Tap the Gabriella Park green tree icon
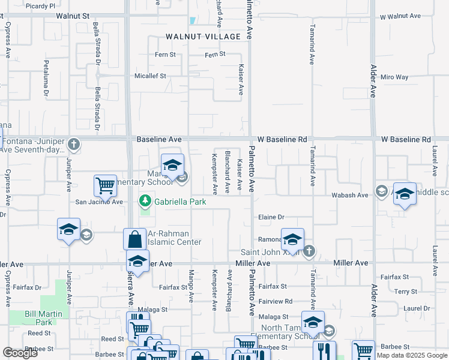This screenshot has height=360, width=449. (145, 200)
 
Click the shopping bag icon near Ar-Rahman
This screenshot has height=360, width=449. (134, 239)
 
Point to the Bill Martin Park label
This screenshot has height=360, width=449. (39, 317)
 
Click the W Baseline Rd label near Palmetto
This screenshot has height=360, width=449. (282, 139)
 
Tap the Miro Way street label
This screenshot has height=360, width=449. (394, 77)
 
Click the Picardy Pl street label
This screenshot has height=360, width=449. (41, 5)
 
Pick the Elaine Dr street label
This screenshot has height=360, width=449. (271, 217)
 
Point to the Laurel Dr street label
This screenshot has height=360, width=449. (417, 308)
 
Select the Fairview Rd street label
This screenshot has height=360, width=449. (276, 301)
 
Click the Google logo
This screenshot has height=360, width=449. (20, 353)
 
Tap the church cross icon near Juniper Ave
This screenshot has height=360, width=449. (73, 144)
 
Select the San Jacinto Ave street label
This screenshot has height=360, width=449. (98, 202)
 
